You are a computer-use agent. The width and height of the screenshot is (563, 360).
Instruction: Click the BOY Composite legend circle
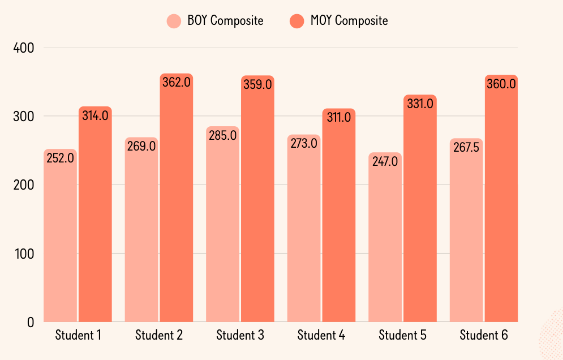pyautogui.click(x=174, y=21)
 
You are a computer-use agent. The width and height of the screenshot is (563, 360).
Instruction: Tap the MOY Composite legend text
pyautogui.click(x=349, y=21)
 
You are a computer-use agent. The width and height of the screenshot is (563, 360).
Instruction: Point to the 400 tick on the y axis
pyautogui.click(x=23, y=48)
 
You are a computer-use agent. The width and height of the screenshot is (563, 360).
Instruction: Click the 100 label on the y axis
pyautogui.click(x=23, y=254)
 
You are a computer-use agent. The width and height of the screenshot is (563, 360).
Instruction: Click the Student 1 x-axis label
pyautogui.click(x=78, y=335)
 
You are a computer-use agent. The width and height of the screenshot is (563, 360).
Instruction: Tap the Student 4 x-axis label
pyautogui.click(x=321, y=335)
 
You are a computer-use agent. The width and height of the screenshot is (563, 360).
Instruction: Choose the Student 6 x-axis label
pyautogui.click(x=484, y=335)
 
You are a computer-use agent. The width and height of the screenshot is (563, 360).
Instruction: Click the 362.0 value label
pyautogui.click(x=177, y=83)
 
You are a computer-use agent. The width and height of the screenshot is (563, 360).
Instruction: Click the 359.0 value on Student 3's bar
pyautogui.click(x=257, y=85)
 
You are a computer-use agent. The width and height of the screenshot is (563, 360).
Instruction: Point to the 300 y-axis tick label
pyautogui.click(x=23, y=117)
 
